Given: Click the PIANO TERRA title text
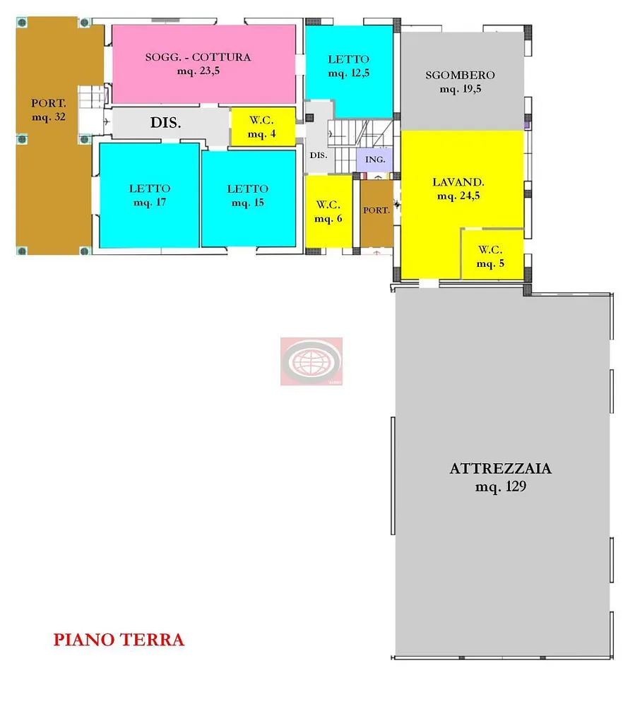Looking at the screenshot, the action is coord(119,640).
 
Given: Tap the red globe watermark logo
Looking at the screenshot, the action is coord(311,361).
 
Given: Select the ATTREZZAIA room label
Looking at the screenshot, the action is coord(500,469).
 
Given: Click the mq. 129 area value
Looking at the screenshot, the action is coord(501,486).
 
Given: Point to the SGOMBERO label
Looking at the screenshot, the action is coord(461,75).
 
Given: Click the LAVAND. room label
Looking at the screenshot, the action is coord(458,182).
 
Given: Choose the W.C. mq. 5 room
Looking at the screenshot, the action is coord(492,254).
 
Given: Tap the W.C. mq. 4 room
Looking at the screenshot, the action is coord(263,126).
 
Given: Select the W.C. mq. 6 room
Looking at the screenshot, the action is coord(328,211).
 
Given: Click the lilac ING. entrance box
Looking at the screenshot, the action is coord(374,160).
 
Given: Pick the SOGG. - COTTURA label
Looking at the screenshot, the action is coord(198,57).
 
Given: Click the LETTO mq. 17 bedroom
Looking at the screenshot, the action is coord(150,195).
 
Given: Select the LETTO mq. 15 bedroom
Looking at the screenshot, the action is coord(249,198).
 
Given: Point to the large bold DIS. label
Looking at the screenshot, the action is coord(165,123).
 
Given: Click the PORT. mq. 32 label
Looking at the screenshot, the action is coord(49,109).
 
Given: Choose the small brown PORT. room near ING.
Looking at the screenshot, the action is coord(376,213).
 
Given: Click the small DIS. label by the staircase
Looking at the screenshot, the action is coord(318,155).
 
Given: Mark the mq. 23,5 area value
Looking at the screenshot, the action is coord(198,71).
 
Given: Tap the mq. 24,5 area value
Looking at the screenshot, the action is coord(458,196).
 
